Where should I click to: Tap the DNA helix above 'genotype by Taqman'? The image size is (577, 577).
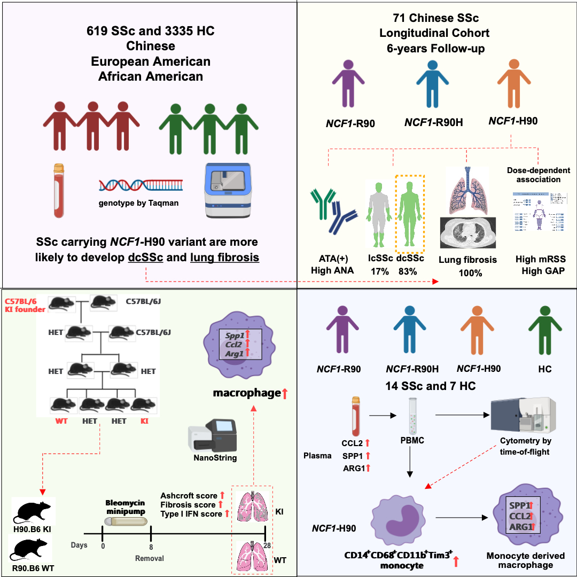click(x=141, y=185)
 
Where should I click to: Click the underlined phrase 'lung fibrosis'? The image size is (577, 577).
click(x=224, y=257)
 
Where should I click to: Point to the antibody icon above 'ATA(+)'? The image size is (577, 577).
click(x=332, y=212)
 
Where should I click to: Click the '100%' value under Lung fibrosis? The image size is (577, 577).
click(x=467, y=273)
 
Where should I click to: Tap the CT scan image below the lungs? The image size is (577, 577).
click(x=467, y=233)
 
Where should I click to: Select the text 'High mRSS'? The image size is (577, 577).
click(x=540, y=259)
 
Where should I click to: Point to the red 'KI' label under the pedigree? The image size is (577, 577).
click(x=144, y=422)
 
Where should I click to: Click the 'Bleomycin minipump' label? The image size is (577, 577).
click(x=129, y=508)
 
